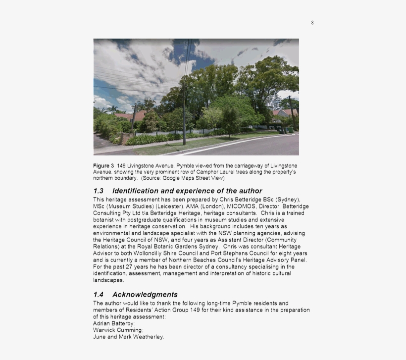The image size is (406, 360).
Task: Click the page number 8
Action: pos(312,23)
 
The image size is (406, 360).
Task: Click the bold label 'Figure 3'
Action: pos(103,165)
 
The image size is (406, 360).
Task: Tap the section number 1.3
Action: pos(98,191)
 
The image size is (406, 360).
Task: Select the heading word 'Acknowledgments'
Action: pos(145,295)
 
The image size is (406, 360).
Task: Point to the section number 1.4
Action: pos(98,295)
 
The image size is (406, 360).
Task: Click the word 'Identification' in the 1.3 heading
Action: pos(135,191)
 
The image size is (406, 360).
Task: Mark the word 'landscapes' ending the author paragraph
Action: pos(108,280)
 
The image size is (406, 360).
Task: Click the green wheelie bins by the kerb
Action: pos(283,130)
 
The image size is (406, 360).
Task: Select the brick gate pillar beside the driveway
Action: pos(124,138)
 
